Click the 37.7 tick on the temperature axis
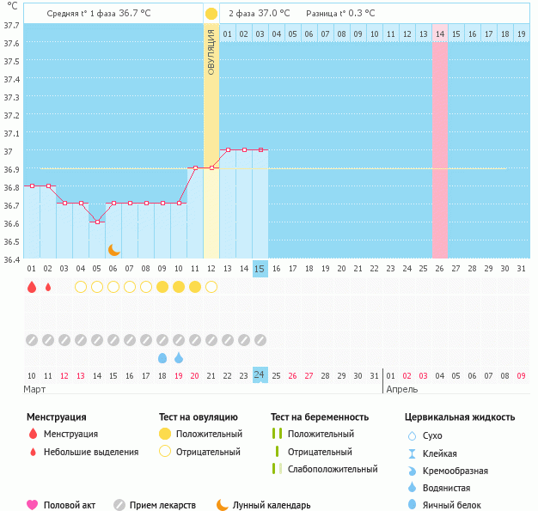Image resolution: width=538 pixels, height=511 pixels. [x=11, y=26]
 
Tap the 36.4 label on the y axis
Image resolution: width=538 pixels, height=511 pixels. [x=11, y=259]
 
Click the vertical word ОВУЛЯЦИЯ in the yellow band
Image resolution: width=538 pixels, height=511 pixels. [x=211, y=52]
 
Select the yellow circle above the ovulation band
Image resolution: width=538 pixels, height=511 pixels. [x=211, y=14]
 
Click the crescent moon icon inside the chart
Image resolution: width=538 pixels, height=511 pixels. [x=114, y=249]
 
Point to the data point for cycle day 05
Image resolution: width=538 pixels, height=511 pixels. [x=97, y=222]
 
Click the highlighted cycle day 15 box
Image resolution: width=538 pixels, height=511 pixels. [x=260, y=269]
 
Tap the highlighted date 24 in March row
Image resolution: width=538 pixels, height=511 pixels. [x=260, y=375]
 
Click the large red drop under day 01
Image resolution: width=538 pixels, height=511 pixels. [x=32, y=287]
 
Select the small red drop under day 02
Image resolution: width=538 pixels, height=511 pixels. [x=48, y=287]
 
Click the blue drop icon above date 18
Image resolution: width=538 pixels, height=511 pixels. [x=162, y=357]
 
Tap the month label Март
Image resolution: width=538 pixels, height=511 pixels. [x=35, y=389]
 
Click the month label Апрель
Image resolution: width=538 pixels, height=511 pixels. [x=402, y=389]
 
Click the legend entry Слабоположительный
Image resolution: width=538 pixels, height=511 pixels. [x=333, y=469]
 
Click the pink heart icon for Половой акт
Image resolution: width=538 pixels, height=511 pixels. [x=33, y=505]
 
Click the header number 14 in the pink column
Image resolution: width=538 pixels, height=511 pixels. [x=440, y=34]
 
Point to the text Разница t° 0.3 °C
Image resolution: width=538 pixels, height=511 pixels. [x=340, y=14]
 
